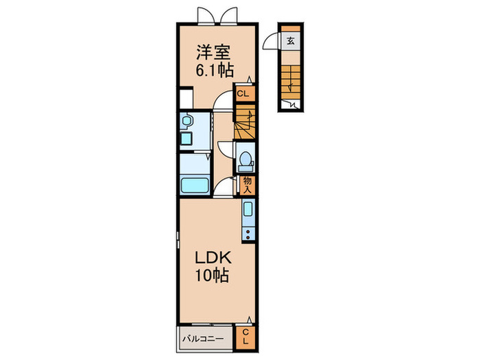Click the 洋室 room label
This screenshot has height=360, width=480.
213,52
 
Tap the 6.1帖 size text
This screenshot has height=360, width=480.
215,70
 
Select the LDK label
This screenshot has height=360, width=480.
213,258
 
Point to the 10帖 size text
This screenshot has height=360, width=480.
213,275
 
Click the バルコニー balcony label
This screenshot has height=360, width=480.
203,339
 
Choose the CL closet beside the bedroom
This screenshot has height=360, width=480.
243,93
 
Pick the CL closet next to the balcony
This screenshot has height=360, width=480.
245,337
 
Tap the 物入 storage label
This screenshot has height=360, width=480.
247,185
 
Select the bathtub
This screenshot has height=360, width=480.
195,186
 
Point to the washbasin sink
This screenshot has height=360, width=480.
187,120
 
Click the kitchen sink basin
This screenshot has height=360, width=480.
248,209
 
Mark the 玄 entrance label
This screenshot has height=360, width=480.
291,40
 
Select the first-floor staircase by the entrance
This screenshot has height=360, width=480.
291,82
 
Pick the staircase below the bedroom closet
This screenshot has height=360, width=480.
245,122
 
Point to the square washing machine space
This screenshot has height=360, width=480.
186,99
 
